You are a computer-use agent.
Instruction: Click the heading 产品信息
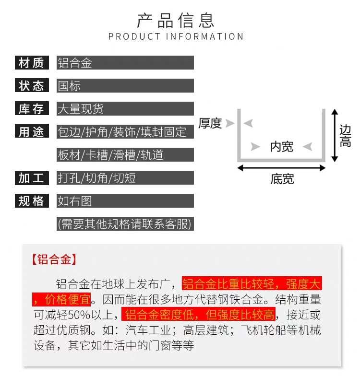click(176, 21)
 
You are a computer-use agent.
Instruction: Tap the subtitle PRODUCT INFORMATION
click(176, 37)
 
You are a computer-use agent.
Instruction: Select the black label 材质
click(31, 63)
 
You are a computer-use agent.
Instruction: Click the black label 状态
click(31, 86)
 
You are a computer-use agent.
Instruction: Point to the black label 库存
click(31, 109)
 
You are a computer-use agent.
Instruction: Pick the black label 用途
click(31, 132)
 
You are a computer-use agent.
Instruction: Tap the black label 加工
click(31, 178)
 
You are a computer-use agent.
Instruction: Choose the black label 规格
click(31, 201)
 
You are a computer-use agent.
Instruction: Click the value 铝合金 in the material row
click(74, 63)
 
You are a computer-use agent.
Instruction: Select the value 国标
click(69, 86)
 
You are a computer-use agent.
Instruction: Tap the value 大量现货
click(80, 109)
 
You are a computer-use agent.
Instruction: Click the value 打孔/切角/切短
click(96, 178)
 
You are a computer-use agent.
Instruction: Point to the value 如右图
click(74, 201)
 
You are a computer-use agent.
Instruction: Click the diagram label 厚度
click(210, 123)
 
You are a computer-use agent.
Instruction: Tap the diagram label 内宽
click(282, 146)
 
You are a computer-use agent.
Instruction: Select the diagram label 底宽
click(282, 179)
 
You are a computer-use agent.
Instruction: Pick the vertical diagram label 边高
click(345, 136)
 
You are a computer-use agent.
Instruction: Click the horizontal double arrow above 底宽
click(282, 168)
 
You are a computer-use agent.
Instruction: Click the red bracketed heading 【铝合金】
click(54, 260)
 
